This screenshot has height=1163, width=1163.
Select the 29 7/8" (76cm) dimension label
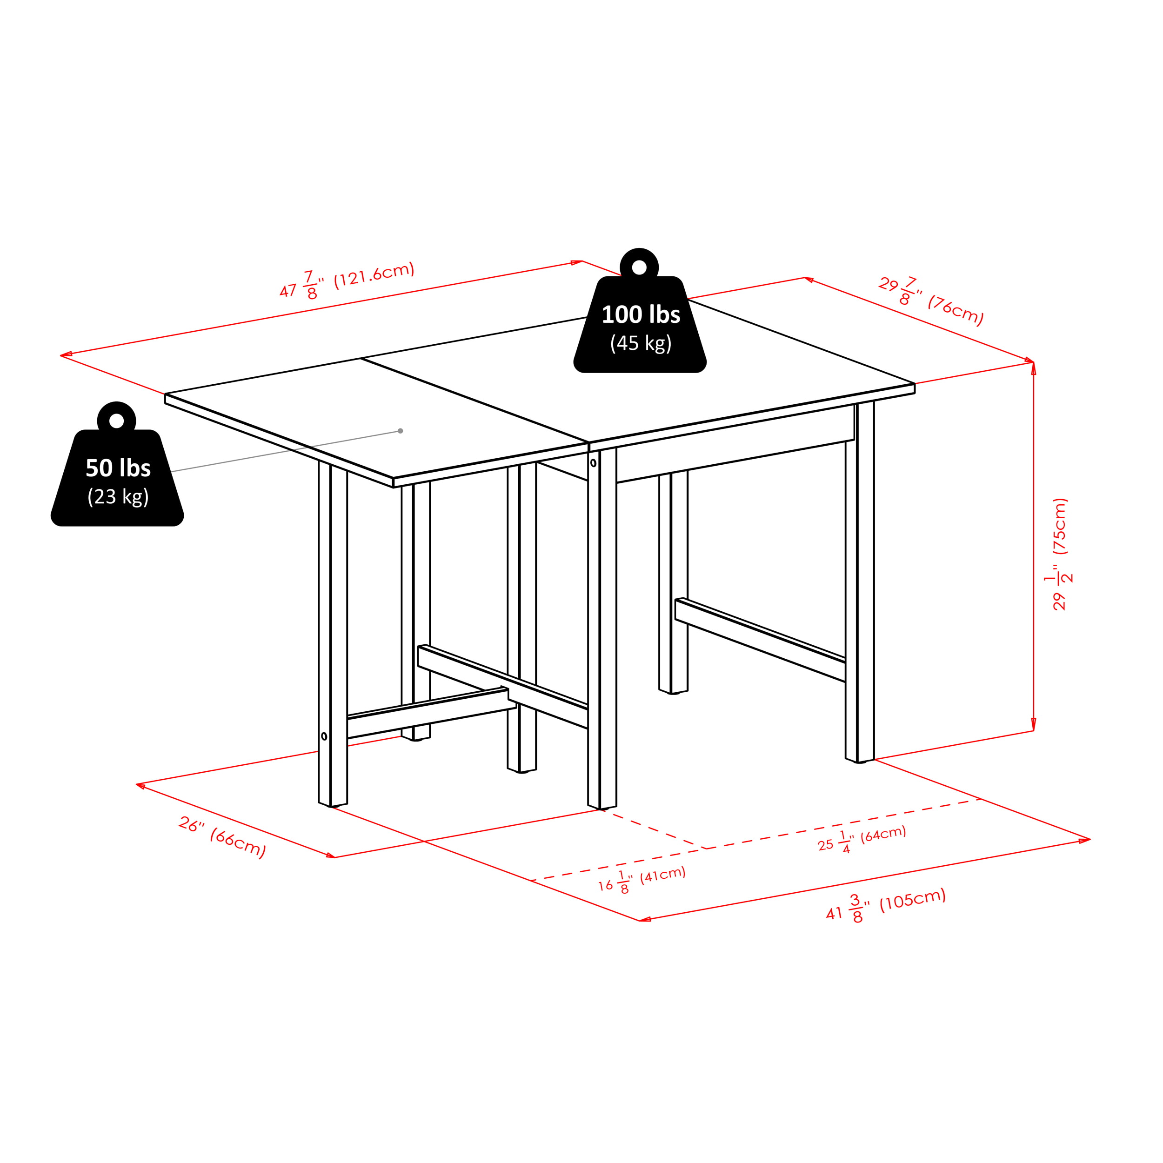pyautogui.click(x=931, y=301)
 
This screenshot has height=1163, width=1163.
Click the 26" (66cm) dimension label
pyautogui.click(x=222, y=837)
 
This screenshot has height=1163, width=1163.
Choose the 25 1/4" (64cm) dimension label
pyautogui.click(x=862, y=839)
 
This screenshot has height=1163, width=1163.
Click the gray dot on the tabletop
pyautogui.click(x=401, y=431)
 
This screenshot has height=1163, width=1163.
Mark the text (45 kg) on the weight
pyautogui.click(x=641, y=343)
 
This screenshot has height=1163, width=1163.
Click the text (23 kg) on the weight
pyautogui.click(x=118, y=497)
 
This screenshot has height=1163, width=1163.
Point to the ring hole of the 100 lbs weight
pyautogui.click(x=639, y=268)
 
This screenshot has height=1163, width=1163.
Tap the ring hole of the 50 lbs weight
pyautogui.click(x=117, y=421)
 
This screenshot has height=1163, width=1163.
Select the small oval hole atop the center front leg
pyautogui.click(x=594, y=463)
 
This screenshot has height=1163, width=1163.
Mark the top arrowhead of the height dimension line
pyautogui.click(x=1034, y=368)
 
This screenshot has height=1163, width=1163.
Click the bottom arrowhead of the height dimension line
pyautogui.click(x=1034, y=724)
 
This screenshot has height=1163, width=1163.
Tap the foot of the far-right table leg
pyautogui.click(x=860, y=761)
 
